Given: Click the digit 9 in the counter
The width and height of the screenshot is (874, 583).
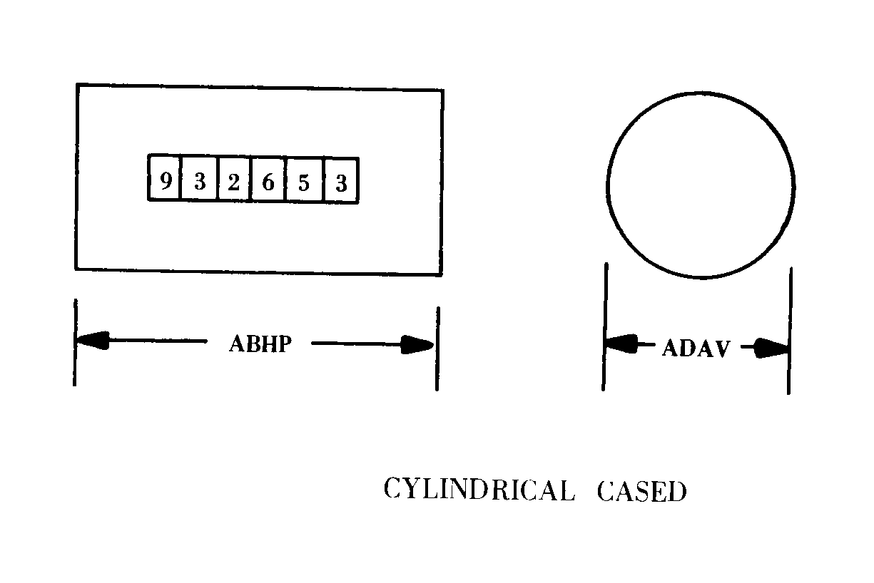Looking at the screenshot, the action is pyautogui.click(x=166, y=181).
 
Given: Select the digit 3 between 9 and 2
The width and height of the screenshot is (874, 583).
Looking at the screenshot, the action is pyautogui.click(x=200, y=181).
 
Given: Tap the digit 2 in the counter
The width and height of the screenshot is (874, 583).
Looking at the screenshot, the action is pyautogui.click(x=234, y=182).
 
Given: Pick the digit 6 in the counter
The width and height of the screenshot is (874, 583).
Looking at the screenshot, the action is pyautogui.click(x=268, y=182).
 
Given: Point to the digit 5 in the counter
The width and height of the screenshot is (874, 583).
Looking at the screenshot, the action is pyautogui.click(x=304, y=182).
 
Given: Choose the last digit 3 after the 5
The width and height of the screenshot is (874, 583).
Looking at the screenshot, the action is pyautogui.click(x=342, y=184).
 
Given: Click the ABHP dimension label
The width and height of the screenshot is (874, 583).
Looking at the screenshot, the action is pyautogui.click(x=260, y=344).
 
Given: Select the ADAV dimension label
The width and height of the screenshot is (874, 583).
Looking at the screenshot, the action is pyautogui.click(x=696, y=349).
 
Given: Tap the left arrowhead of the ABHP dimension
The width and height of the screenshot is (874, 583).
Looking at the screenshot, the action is pyautogui.click(x=93, y=340).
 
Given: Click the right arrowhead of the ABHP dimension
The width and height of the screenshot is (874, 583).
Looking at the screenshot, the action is pyautogui.click(x=417, y=345).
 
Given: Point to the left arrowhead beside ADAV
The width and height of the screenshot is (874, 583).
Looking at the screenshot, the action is pyautogui.click(x=621, y=344).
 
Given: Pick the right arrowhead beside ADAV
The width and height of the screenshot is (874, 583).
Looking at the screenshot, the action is pyautogui.click(x=771, y=348).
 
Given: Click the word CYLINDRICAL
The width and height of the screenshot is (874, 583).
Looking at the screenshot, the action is pyautogui.click(x=479, y=490).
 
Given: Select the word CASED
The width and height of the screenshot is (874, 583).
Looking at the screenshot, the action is pyautogui.click(x=642, y=491).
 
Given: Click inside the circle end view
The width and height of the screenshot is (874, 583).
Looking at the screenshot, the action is pyautogui.click(x=701, y=185).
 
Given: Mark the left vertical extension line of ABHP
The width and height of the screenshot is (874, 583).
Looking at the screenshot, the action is pyautogui.click(x=75, y=343).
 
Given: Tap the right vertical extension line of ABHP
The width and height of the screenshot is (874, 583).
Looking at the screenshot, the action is pyautogui.click(x=438, y=349).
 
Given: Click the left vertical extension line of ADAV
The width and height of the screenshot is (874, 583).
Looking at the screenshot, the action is pyautogui.click(x=604, y=326).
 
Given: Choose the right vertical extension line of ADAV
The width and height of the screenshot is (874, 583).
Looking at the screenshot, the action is pyautogui.click(x=790, y=331).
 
